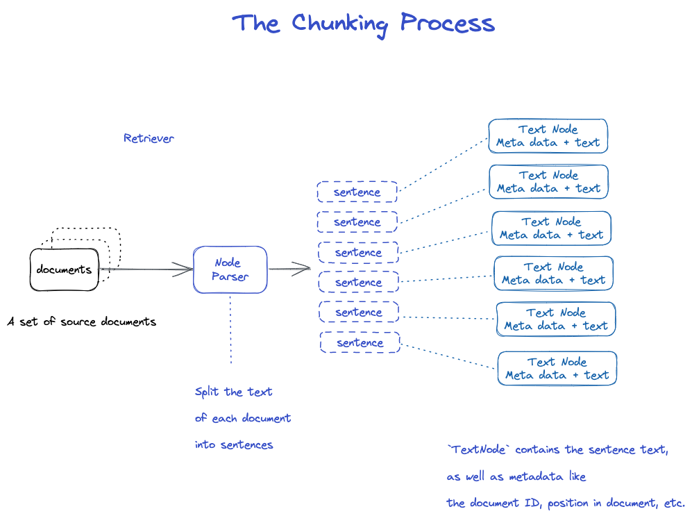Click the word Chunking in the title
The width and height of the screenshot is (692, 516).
click(339, 24)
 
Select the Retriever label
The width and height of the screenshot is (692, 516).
click(149, 138)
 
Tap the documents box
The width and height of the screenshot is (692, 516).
click(65, 269)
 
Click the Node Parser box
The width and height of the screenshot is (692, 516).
click(230, 269)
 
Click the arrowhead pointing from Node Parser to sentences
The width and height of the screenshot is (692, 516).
click(302, 267)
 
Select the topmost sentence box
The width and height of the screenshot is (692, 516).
click(357, 192)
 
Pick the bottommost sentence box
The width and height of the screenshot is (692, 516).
click(360, 342)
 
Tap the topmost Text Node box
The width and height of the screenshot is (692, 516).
click(548, 136)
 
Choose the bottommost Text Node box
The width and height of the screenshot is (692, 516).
click(557, 369)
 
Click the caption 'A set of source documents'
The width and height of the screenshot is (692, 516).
click(82, 322)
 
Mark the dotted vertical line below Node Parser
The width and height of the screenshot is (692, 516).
click(230, 329)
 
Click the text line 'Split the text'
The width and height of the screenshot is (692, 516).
click(233, 392)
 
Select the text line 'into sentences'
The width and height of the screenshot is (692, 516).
click(234, 444)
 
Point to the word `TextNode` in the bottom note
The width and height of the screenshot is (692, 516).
click(478, 449)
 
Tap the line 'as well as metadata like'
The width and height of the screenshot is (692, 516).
click(516, 476)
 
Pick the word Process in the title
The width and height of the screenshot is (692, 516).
click(447, 24)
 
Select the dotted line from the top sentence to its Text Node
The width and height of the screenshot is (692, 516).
click(443, 164)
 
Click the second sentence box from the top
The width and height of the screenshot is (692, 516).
click(357, 222)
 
